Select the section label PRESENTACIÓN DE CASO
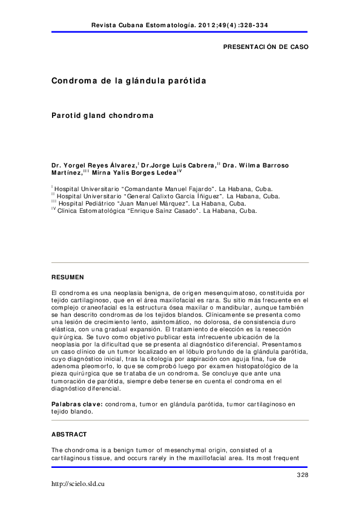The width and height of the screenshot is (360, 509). [266, 47]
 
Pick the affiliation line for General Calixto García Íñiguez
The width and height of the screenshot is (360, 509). [167, 196]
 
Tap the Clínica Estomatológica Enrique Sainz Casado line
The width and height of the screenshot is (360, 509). [156, 212]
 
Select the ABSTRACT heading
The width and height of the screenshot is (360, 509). [69, 435]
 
